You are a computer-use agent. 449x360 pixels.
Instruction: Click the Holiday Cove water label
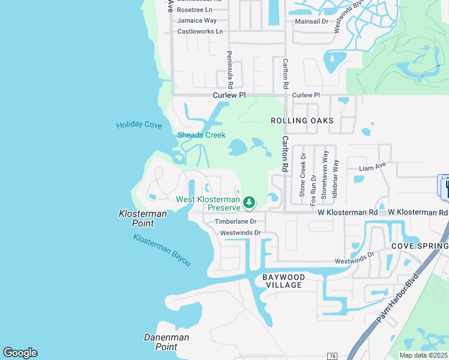[x=139, y=125]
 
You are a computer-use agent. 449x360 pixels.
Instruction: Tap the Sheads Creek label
[x=201, y=135]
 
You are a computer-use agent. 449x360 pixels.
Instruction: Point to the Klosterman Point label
[x=136, y=218]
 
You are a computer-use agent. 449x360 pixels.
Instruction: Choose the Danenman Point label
[x=166, y=342]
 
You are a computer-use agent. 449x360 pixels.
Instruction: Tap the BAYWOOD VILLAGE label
[x=283, y=281]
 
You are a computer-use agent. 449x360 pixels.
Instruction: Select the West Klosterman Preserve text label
[x=208, y=203]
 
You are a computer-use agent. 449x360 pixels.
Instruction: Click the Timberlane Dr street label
[x=236, y=222]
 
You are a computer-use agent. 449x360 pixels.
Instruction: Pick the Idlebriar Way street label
[x=336, y=179]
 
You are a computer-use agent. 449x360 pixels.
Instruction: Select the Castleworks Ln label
[x=200, y=31]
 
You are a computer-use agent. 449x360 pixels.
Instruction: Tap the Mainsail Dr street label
[x=312, y=21]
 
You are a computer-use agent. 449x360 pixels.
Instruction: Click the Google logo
[x=20, y=353]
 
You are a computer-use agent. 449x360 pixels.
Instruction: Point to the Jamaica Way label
[x=197, y=20]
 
